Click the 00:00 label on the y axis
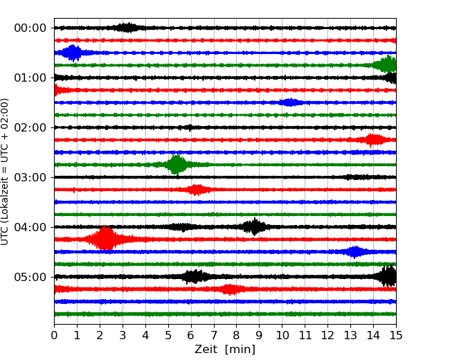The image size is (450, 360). pyautogui.click(x=30, y=28)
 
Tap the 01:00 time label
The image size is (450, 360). pyautogui.click(x=30, y=78)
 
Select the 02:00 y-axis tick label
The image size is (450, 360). pyautogui.click(x=30, y=127)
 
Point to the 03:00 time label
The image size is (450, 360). pyautogui.click(x=30, y=177)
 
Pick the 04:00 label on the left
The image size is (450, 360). pyautogui.click(x=30, y=227)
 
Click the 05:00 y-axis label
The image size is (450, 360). pyautogui.click(x=30, y=277)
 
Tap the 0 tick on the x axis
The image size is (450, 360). pyautogui.click(x=54, y=336)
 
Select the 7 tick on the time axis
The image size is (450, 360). pyautogui.click(x=214, y=336)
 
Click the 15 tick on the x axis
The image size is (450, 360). pyautogui.click(x=396, y=336)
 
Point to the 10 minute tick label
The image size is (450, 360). pyautogui.click(x=282, y=336)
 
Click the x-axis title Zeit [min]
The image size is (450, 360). pyautogui.click(x=224, y=350)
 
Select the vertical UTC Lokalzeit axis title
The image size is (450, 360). pyautogui.click(x=6, y=171)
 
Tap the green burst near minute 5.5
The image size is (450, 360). pyautogui.click(x=177, y=165)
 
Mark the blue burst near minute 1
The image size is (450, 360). pyautogui.click(x=71, y=53)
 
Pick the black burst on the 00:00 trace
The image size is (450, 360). pyautogui.click(x=127, y=28)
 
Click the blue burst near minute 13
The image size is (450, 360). pyautogui.click(x=355, y=251)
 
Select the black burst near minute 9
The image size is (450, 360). pyautogui.click(x=255, y=226)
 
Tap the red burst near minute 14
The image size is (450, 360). pyautogui.click(x=374, y=140)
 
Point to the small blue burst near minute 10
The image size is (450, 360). pyautogui.click(x=290, y=102)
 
